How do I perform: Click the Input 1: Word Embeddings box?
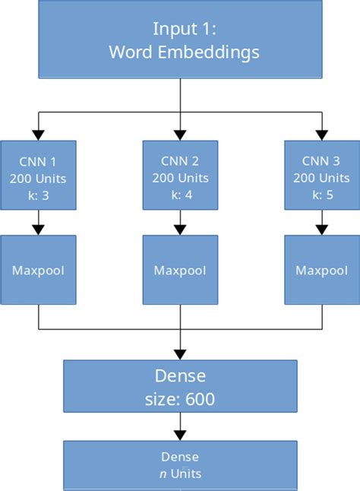[x=180, y=43]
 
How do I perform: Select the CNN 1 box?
[x=39, y=176]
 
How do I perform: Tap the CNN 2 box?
[x=180, y=176]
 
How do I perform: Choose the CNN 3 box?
[x=321, y=176]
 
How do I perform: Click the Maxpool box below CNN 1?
[x=39, y=271]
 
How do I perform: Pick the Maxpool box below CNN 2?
[x=180, y=271]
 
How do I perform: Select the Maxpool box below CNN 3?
[x=321, y=271]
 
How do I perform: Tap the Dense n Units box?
[x=180, y=465]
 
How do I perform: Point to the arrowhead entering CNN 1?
[x=39, y=135]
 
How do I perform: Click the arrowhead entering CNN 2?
[x=180, y=135]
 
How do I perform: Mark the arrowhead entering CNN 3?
[x=321, y=135]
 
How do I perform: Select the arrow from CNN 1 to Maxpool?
[x=39, y=223]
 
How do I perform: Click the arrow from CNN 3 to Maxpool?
[x=321, y=223]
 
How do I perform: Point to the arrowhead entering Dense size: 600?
[x=180, y=353]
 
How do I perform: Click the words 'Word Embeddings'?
[x=184, y=53]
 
